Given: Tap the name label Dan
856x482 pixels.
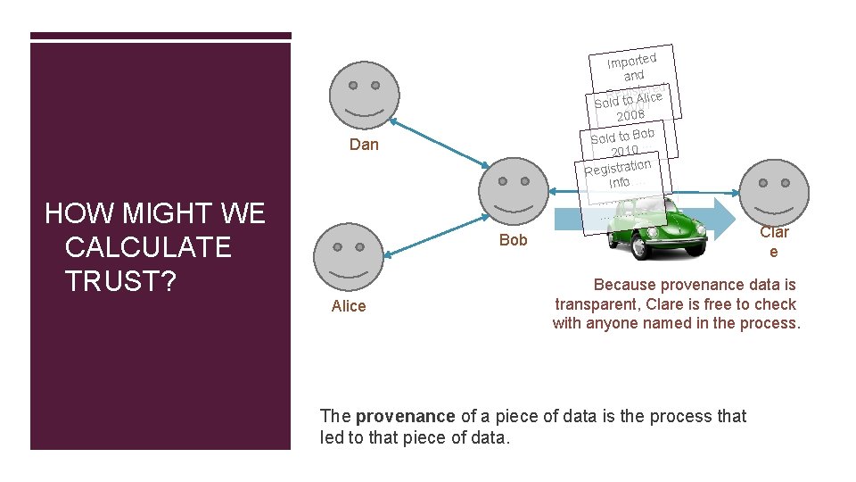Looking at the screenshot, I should [x=364, y=145].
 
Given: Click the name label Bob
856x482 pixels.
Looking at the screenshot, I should [x=514, y=240].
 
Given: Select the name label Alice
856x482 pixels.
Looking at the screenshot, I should [x=348, y=306].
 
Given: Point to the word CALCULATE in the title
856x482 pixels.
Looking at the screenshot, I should [x=148, y=246].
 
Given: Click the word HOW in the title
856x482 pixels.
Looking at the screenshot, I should [x=74, y=213].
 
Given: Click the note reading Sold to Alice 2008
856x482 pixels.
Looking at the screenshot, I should [x=630, y=105].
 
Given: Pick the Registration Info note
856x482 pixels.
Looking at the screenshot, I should [x=618, y=171].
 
